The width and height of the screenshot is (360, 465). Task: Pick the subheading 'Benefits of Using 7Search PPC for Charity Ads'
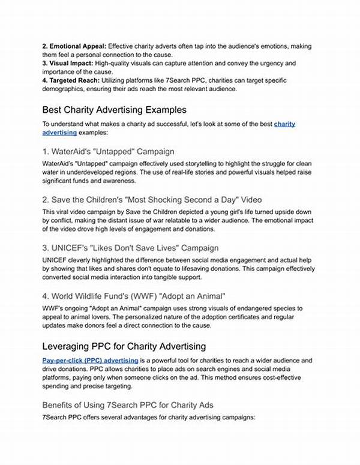127,405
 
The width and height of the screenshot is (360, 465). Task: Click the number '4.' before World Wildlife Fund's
46,296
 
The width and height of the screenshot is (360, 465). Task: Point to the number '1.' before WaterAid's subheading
46,152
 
